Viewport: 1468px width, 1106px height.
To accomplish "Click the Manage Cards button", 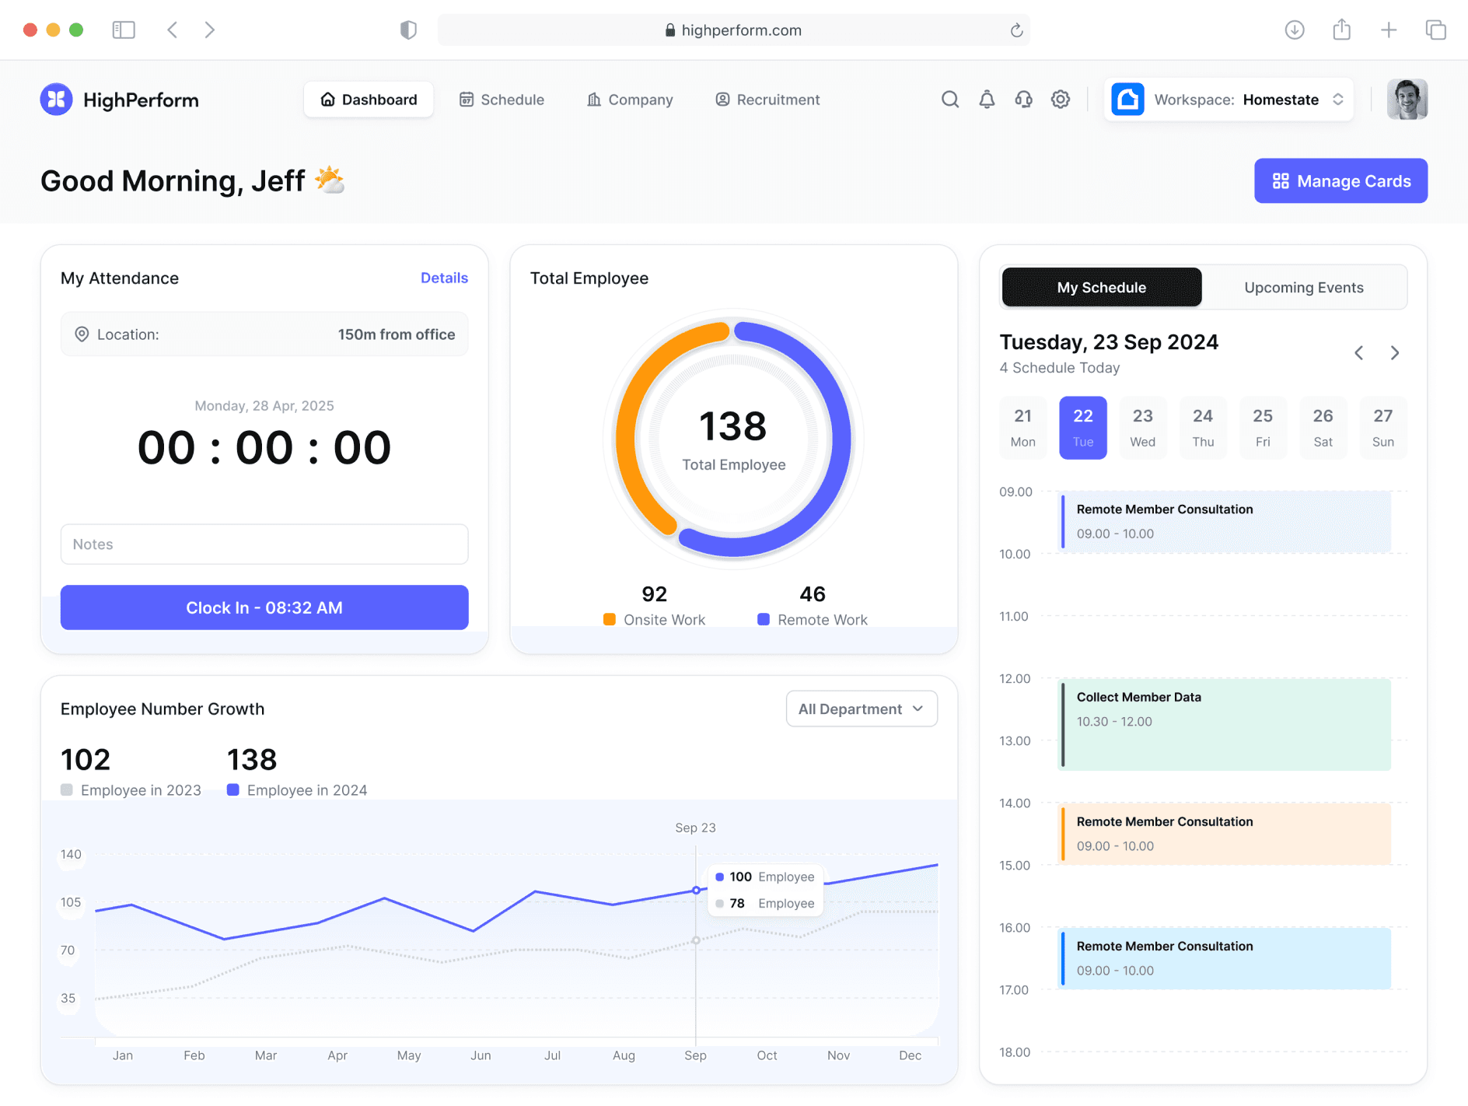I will click(x=1340, y=181).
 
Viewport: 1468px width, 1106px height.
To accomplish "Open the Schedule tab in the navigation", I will click(x=502, y=100).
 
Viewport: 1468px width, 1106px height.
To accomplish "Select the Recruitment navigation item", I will click(x=767, y=100).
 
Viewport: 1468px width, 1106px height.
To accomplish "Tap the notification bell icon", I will click(x=987, y=100).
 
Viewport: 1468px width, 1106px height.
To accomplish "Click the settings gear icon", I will click(x=1061, y=100).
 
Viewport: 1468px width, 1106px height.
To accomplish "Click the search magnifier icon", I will click(x=949, y=100).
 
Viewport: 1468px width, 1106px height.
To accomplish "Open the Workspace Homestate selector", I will click(x=1229, y=100).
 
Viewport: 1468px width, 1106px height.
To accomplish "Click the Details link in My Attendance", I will click(x=444, y=278).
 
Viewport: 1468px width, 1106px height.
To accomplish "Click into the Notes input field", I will click(x=264, y=544).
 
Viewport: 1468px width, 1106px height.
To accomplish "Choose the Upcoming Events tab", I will click(x=1303, y=288).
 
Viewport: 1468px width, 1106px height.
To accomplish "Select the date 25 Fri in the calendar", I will click(x=1263, y=427).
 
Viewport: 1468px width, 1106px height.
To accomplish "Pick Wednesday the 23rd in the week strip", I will click(x=1142, y=427).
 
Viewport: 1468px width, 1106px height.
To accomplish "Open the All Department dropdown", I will click(x=862, y=709).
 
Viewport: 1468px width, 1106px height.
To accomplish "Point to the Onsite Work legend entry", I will click(x=655, y=619).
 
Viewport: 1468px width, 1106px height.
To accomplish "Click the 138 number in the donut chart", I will click(x=733, y=426).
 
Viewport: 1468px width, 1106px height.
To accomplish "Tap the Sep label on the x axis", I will click(x=695, y=1055).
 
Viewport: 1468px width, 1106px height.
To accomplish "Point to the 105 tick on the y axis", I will click(x=71, y=902).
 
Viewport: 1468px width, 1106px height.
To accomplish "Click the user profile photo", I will click(x=1407, y=100).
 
